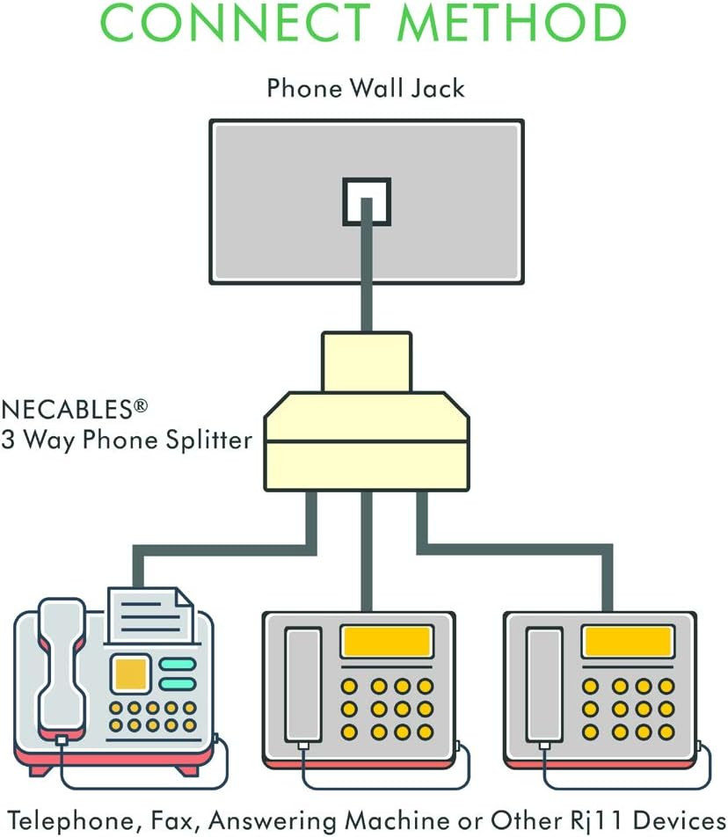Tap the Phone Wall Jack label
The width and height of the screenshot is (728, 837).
coord(366,88)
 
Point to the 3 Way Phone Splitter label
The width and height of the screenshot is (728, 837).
coord(127,440)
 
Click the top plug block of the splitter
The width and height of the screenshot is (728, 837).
coord(366,361)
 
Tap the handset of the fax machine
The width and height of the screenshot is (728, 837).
coord(62,668)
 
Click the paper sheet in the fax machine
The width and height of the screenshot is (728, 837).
coord(149,615)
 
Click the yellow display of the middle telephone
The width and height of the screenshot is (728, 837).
coord(388,642)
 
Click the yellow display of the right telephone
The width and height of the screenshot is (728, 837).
coord(628,642)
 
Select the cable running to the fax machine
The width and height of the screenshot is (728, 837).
coord(220,550)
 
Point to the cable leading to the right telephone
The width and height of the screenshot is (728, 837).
coord(528,550)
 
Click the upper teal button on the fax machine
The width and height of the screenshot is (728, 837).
coord(178,664)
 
